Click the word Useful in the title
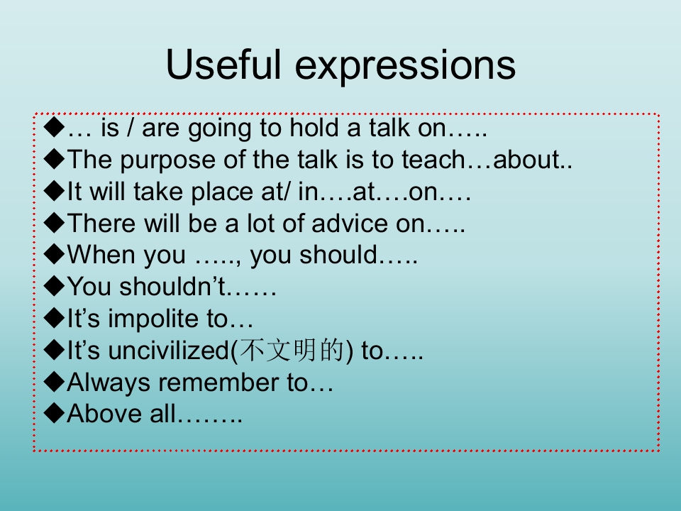pos(223,65)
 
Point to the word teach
pos(433,159)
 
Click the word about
pos(526,159)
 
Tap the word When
pos(101,255)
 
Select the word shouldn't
pos(172,287)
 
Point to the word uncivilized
pos(169,350)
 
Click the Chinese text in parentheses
pos(292,350)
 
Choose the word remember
pos(218,383)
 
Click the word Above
pos(104,413)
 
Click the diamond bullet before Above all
pos(55,413)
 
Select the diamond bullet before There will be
pos(55,224)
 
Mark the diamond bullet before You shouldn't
pos(55,287)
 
